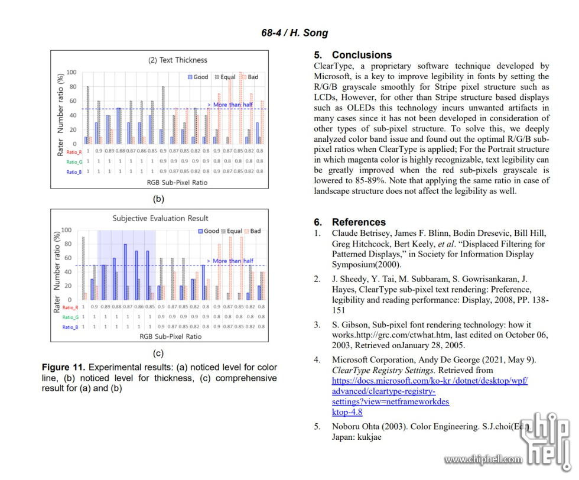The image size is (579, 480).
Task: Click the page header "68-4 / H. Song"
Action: coord(294,33)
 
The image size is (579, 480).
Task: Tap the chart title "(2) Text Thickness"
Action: coord(177,60)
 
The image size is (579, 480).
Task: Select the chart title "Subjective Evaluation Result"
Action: coord(160,218)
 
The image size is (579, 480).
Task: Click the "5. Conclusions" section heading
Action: coord(353,54)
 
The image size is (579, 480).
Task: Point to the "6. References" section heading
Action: coord(349,222)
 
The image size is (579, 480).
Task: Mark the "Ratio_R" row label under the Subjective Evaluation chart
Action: coord(70,307)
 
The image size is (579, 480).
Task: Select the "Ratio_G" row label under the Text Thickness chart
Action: coord(74,161)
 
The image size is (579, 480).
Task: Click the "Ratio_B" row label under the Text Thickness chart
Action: coord(74,171)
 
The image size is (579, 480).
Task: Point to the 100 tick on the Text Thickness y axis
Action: coord(71,73)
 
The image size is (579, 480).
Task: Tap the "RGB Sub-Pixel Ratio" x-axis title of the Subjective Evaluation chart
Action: coord(170,336)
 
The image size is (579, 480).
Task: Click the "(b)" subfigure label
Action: coord(158,199)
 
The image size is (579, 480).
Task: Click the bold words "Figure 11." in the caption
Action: coord(64,368)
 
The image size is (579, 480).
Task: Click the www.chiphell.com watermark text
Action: coord(483,459)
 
